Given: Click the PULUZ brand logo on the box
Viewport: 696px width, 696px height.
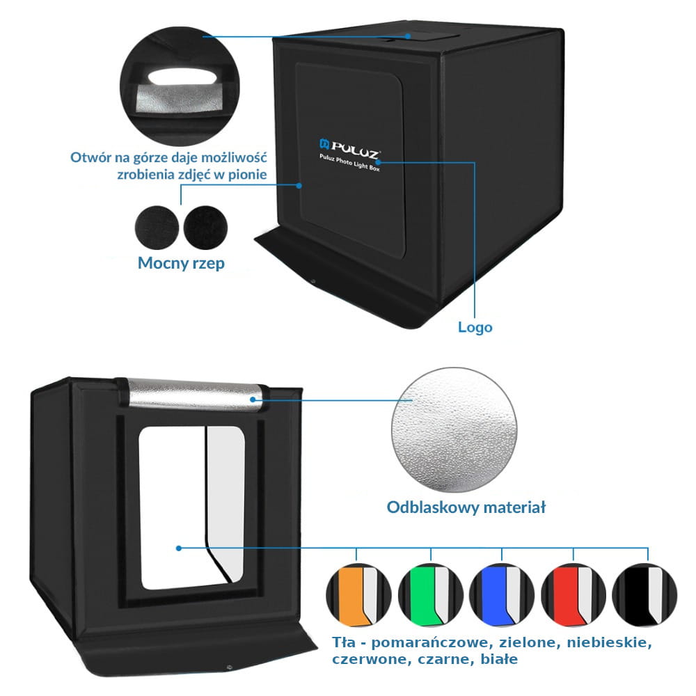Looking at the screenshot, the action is click(350, 148).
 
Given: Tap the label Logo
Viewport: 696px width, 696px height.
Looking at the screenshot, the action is click(475, 328).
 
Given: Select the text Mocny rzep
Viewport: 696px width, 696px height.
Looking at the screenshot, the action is click(181, 263).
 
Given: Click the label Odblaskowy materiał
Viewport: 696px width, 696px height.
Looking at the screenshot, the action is click(466, 507).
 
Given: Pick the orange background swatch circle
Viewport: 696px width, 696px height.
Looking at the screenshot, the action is click(358, 595).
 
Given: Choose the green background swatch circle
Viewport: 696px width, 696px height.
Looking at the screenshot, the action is click(431, 595).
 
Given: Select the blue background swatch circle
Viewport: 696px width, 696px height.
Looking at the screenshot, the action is click(502, 595).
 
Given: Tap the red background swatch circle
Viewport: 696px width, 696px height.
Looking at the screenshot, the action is click(574, 595).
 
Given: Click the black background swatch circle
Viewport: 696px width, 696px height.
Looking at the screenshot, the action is click(644, 595).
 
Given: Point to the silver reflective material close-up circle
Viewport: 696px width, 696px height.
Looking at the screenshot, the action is click(454, 429).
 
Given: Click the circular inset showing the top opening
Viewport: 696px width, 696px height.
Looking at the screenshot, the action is click(180, 86).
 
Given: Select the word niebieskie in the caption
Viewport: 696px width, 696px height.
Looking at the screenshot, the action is click(610, 642).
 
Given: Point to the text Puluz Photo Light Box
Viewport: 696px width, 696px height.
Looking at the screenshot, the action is click(349, 162).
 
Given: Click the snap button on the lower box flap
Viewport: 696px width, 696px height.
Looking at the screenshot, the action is click(229, 667).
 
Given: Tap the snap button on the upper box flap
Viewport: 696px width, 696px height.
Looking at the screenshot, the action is click(313, 281).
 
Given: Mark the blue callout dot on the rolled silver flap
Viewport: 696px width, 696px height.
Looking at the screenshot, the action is click(253, 400).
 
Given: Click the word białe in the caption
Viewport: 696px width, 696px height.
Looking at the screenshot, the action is click(499, 659).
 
